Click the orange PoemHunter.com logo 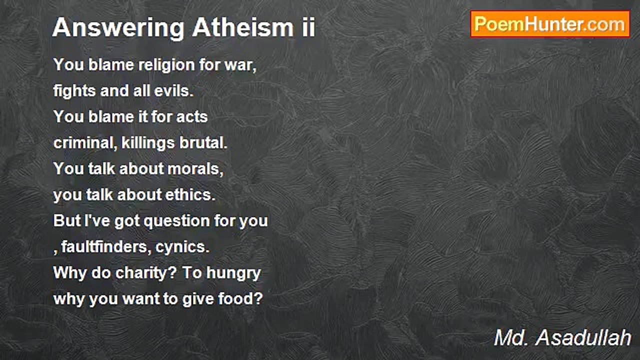pos(550,24)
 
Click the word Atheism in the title pos(243,27)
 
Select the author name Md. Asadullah pos(562,337)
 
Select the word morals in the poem pos(195,169)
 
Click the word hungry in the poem pos(233,273)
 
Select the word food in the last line pos(240,298)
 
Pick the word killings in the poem pos(148,143)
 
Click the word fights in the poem pos(75,91)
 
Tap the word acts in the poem pos(192,117)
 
